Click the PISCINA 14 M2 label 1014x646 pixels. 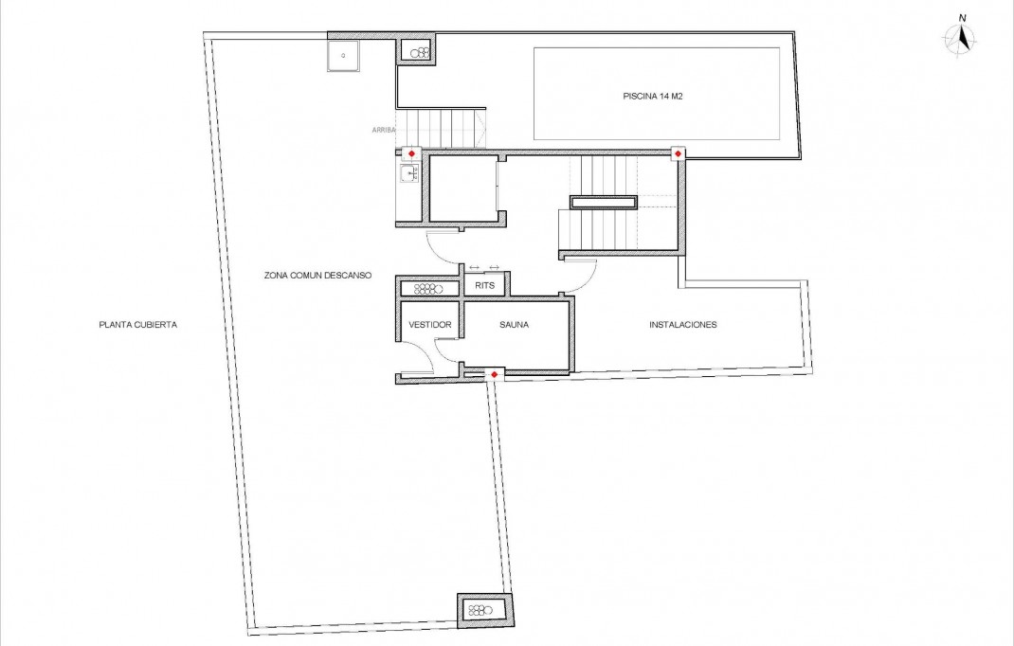click(x=653, y=95)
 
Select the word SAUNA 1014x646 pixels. click(x=514, y=324)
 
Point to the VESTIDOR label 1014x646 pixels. click(x=429, y=324)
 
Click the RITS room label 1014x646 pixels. click(x=484, y=285)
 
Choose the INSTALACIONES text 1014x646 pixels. click(x=682, y=324)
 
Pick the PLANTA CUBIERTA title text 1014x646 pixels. click(x=138, y=324)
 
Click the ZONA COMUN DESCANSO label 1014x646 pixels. click(x=317, y=276)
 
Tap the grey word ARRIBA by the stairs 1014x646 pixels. click(x=383, y=130)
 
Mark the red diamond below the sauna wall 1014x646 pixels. click(x=494, y=375)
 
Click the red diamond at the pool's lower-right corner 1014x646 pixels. click(x=679, y=153)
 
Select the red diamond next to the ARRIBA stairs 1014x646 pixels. click(x=411, y=153)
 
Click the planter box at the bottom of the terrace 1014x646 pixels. click(x=484, y=609)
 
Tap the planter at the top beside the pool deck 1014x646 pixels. click(x=416, y=51)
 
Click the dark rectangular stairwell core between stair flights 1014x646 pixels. click(x=603, y=201)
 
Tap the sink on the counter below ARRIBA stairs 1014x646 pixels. click(x=409, y=173)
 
